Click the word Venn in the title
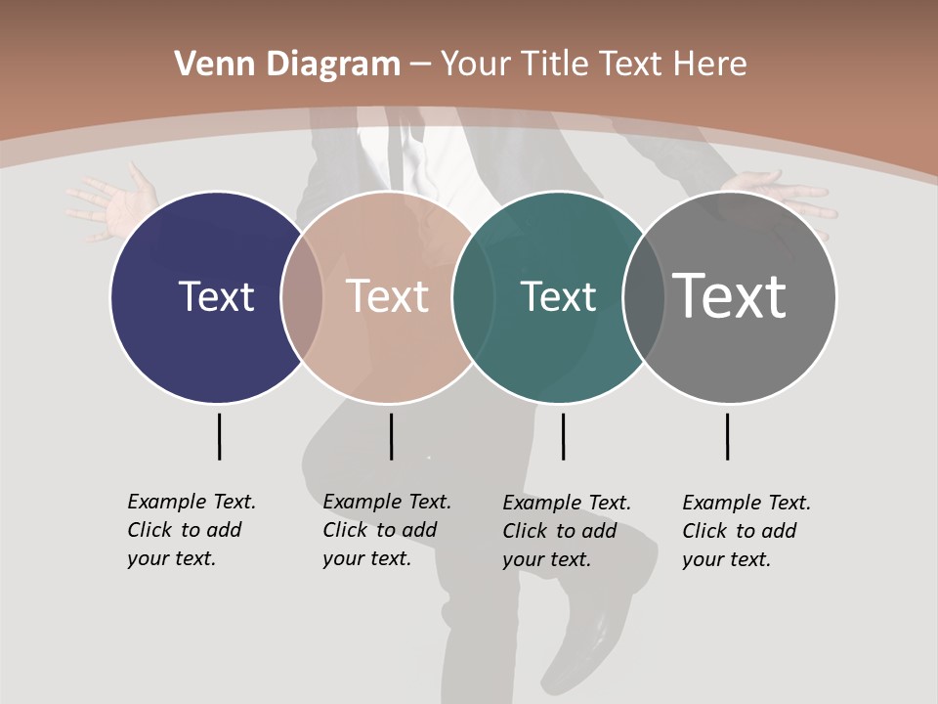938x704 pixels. (x=204, y=65)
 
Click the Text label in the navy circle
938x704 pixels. (x=216, y=296)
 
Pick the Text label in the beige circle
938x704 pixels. (x=388, y=296)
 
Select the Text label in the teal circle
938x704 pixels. (x=558, y=296)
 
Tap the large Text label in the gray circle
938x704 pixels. (x=730, y=295)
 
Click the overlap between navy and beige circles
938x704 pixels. (x=302, y=297)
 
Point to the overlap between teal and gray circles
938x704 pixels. (x=644, y=297)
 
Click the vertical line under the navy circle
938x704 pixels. (x=219, y=436)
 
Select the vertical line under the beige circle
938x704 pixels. (x=391, y=436)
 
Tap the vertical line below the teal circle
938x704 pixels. (x=563, y=436)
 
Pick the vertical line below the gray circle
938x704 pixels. (x=727, y=436)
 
